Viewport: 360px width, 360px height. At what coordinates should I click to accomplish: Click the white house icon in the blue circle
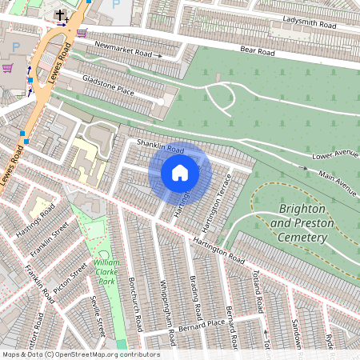tap(180, 172)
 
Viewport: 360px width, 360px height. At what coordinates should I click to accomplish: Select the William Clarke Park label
tap(106, 272)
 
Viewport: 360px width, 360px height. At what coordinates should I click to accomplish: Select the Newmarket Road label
tap(122, 50)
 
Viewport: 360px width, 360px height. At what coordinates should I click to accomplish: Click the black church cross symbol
tap(60, 15)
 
